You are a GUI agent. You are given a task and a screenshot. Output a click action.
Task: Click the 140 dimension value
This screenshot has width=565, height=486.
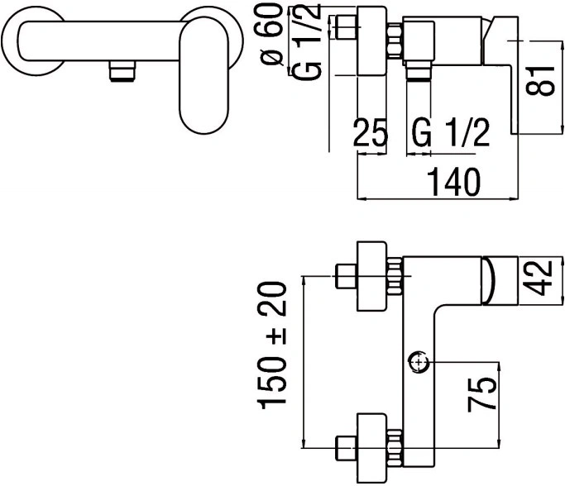[x=453, y=182]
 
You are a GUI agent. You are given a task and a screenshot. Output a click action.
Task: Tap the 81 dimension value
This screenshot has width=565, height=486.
[x=540, y=81]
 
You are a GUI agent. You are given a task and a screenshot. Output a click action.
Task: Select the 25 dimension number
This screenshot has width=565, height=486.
[x=371, y=132]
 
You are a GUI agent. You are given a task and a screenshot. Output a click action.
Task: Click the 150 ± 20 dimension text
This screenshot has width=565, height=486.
[x=271, y=345]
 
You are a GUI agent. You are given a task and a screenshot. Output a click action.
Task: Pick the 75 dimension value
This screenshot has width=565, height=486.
[x=481, y=394]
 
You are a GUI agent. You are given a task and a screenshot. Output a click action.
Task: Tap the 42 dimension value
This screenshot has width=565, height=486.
[x=537, y=278]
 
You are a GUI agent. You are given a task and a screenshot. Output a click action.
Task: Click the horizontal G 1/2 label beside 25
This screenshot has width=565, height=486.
[x=451, y=132]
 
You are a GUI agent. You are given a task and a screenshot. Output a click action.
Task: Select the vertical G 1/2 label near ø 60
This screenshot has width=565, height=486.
[x=306, y=41]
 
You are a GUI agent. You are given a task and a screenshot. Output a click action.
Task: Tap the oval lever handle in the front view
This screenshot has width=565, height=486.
[x=204, y=75]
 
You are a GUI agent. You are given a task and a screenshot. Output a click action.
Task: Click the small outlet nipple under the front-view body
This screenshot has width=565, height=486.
[x=122, y=71]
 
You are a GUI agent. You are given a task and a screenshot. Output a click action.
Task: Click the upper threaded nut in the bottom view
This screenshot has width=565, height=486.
[x=395, y=276]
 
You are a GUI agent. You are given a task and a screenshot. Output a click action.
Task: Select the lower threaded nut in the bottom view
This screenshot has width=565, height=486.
[x=395, y=448]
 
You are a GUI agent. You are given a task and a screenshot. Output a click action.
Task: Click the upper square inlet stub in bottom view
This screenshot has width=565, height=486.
[x=346, y=276]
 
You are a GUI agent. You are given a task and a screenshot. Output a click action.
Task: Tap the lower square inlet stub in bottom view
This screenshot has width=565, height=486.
[x=346, y=448]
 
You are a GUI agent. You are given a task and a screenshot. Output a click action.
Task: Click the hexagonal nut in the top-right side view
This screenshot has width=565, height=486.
[x=395, y=40]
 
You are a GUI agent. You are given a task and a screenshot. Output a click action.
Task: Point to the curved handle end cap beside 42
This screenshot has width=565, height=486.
[x=489, y=280]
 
